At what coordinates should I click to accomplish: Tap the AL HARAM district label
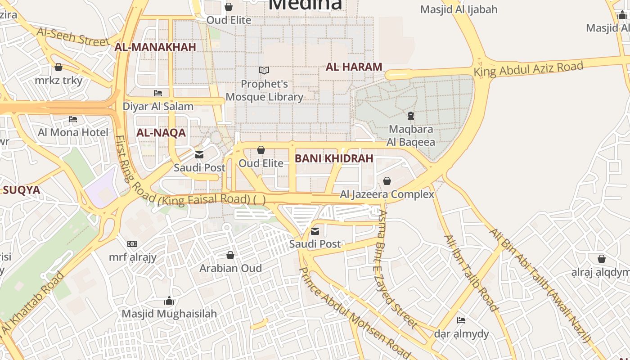pyautogui.click(x=354, y=67)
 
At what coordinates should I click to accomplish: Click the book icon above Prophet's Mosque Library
pyautogui.click(x=264, y=71)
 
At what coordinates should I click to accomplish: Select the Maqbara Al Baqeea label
pyautogui.click(x=411, y=136)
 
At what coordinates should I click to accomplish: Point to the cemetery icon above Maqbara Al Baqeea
pyautogui.click(x=411, y=116)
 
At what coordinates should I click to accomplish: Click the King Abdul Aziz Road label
pyautogui.click(x=528, y=69)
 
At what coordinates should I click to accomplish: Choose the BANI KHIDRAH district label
pyautogui.click(x=334, y=158)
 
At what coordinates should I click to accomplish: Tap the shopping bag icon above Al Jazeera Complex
pyautogui.click(x=387, y=181)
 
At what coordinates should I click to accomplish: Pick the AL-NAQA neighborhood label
pyautogui.click(x=161, y=133)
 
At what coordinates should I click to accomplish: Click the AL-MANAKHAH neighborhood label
pyautogui.click(x=155, y=47)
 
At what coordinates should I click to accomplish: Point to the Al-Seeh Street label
pyautogui.click(x=73, y=36)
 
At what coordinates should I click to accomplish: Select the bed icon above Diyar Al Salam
pyautogui.click(x=158, y=93)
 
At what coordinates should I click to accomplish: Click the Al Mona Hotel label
pyautogui.click(x=73, y=132)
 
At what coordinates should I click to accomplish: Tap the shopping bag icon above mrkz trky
pyautogui.click(x=58, y=67)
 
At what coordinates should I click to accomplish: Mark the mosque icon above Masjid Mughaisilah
pyautogui.click(x=169, y=301)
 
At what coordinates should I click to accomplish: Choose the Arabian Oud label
pyautogui.click(x=230, y=268)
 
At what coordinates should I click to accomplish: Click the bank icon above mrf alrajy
pyautogui.click(x=132, y=244)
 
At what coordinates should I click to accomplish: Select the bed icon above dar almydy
pyautogui.click(x=461, y=320)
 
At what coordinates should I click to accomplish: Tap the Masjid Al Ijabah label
pyautogui.click(x=459, y=9)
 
